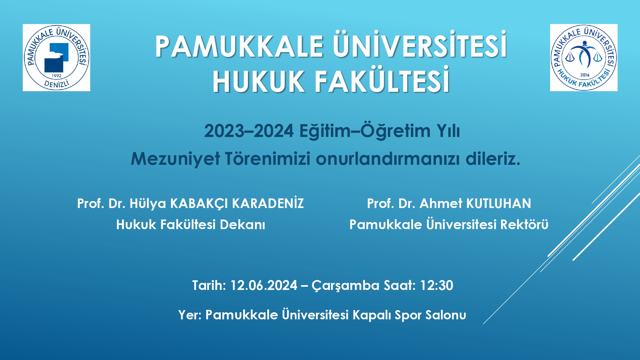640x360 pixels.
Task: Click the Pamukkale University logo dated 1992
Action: click(56, 58)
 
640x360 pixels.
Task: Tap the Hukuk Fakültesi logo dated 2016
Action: click(584, 58)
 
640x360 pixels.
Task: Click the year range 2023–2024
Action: click(249, 131)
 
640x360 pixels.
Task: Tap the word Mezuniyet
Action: click(175, 159)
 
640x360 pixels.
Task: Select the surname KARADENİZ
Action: click(268, 203)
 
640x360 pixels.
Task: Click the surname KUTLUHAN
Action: click(499, 204)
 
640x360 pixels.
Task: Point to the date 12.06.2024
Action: click(264, 285)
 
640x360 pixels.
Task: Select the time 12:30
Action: click(436, 285)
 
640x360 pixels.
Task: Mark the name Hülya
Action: click(148, 204)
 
